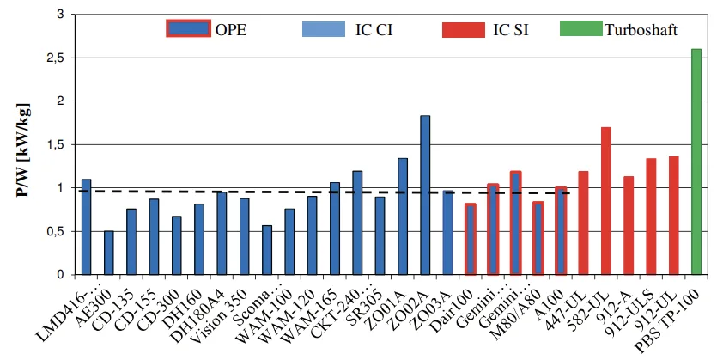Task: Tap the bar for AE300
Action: click(109, 253)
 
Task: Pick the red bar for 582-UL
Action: click(605, 201)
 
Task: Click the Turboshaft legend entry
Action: click(640, 30)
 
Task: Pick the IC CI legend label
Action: click(375, 30)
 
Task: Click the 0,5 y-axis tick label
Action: click(54, 232)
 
